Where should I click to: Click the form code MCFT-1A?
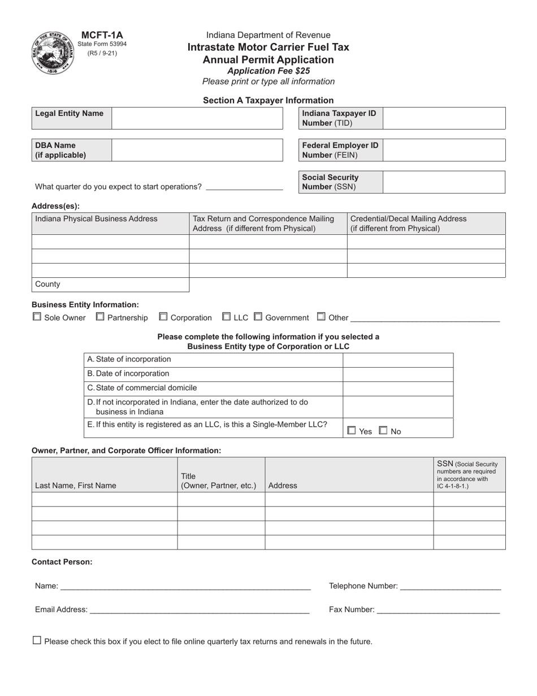102,35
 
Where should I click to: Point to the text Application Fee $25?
268,71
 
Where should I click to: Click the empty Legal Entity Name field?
197,118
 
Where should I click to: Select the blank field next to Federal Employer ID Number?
444,150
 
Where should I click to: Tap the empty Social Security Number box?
444,182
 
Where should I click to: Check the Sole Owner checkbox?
37,317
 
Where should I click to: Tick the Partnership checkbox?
100,317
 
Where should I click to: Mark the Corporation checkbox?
163,317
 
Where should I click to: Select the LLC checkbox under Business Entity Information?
227,317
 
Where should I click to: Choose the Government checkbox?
258,317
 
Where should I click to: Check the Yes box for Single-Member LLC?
352,431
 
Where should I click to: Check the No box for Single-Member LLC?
383,431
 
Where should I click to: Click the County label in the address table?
47,284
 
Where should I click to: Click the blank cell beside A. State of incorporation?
398,360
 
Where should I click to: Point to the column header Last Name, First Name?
76,486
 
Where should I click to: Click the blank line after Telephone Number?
450,587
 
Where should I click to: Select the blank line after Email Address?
199,610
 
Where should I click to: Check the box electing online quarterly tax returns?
37,641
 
